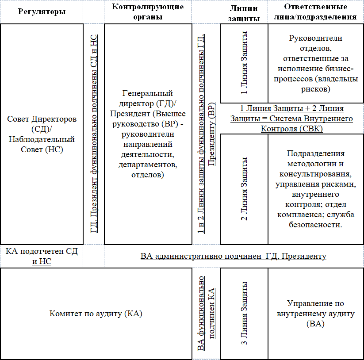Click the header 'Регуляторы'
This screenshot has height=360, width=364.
[42, 11]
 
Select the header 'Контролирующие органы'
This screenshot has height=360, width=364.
[148, 11]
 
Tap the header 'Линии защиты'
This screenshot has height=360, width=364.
[244, 12]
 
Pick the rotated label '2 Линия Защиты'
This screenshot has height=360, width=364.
[244, 189]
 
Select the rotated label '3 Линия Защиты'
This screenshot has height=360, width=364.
[244, 313]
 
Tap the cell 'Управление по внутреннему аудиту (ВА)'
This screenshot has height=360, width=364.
[315, 314]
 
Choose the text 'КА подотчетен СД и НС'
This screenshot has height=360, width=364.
[42, 257]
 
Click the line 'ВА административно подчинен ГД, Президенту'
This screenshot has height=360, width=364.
[234, 256]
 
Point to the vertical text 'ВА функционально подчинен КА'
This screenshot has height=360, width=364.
[206, 314]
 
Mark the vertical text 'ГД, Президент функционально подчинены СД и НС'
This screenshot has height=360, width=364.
[94, 133]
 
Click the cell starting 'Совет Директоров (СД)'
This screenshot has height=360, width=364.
[42, 134]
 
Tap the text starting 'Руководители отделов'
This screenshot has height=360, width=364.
[315, 63]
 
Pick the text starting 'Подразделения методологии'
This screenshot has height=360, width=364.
[315, 189]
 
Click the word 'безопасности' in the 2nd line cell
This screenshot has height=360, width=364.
[315, 225]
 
